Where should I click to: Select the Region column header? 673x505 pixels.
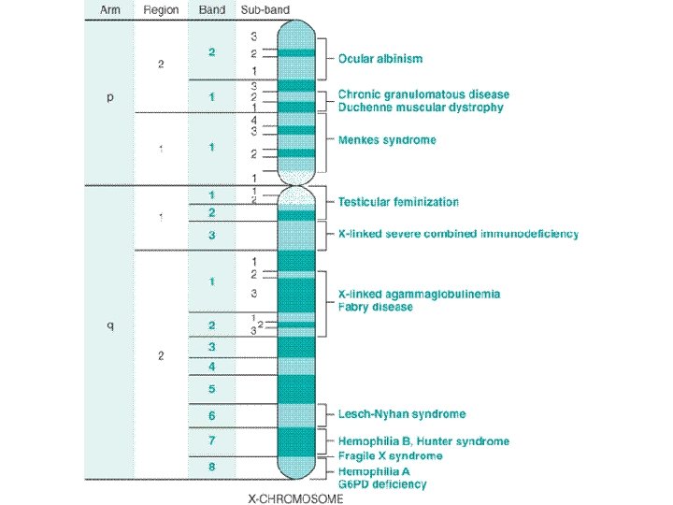pos(161,10)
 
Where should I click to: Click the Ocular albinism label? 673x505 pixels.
pos(379,58)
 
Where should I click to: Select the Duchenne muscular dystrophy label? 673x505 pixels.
pos(421,108)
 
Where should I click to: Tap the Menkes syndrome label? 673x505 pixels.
pos(386,140)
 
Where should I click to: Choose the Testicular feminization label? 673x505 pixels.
pos(398,202)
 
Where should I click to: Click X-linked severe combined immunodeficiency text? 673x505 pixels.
pos(458,233)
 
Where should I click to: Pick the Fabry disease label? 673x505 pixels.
pos(375,307)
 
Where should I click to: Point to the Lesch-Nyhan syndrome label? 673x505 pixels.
pos(401,413)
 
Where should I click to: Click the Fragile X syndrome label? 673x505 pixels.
pos(390,455)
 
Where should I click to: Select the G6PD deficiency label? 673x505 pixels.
pos(382,484)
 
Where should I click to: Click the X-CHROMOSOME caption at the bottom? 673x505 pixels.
pos(295,498)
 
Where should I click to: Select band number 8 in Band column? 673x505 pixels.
pos(211,466)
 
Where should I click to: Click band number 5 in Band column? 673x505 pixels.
pos(211,388)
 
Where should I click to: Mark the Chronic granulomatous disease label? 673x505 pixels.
pos(423,94)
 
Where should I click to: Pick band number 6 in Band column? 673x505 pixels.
pos(211,415)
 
